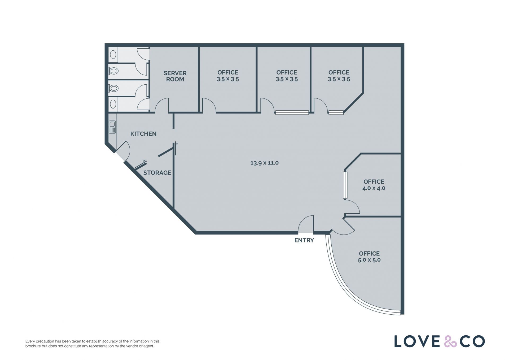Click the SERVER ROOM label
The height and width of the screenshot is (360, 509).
175,76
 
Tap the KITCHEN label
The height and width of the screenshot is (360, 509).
143,134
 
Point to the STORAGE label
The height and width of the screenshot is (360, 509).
157,173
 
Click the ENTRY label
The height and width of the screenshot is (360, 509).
304,240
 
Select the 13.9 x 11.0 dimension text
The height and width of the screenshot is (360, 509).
265,163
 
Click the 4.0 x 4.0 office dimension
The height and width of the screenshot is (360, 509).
374,188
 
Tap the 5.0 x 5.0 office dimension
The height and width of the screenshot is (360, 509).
369,260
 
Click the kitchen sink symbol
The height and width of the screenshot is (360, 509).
112,127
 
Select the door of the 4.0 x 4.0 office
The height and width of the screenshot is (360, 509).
352,207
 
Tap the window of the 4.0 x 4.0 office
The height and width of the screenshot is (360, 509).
345,185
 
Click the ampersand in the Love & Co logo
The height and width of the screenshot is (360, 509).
450,341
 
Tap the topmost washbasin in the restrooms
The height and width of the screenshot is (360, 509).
113,55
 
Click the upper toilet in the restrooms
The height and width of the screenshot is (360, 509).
113,71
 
